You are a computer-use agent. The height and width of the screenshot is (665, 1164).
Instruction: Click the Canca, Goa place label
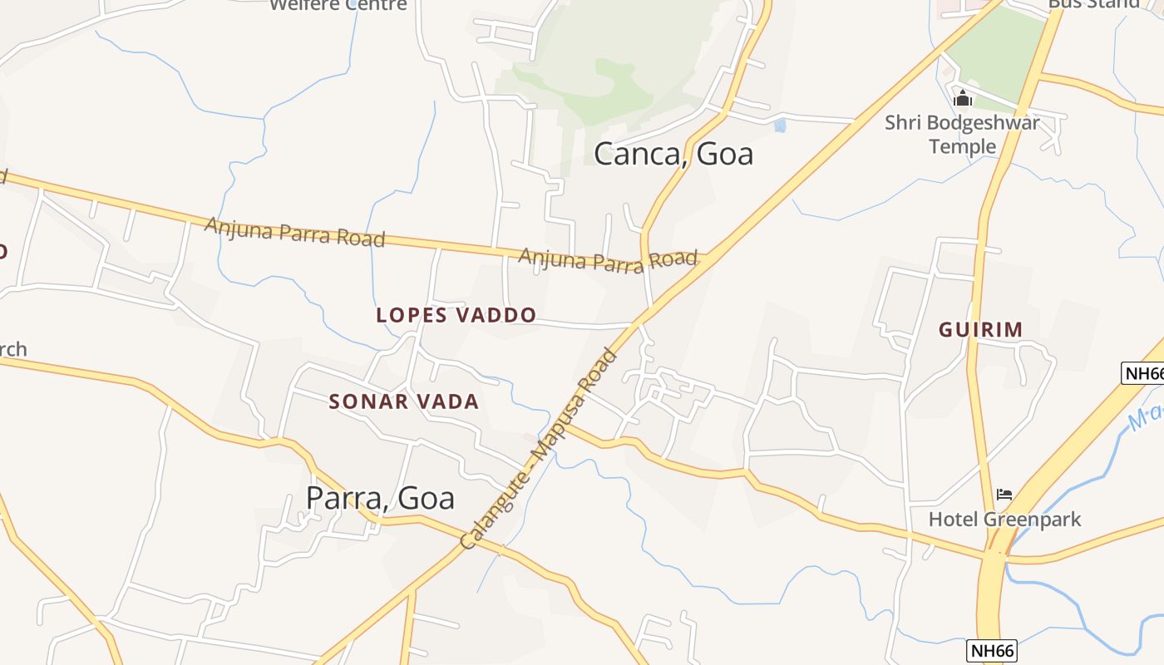673,154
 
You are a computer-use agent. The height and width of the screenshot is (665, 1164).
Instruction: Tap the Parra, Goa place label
380,498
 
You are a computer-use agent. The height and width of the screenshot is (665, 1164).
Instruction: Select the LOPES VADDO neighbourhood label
456,316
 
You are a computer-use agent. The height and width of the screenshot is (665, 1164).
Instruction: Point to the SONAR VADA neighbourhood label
404,401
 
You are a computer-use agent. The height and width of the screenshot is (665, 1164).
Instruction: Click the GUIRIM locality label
980,330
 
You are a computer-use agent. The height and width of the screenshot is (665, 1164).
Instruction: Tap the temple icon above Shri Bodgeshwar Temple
963,99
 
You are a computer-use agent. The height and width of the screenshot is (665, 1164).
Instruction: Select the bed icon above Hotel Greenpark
1004,495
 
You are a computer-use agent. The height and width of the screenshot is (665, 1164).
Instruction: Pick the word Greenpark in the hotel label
1032,520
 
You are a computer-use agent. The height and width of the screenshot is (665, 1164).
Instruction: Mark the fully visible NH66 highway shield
993,650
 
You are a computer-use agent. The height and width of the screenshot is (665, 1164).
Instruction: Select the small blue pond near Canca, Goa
779,126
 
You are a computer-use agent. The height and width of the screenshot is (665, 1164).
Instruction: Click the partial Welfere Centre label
339,5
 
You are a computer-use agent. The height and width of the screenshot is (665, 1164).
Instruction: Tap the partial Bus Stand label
1092,3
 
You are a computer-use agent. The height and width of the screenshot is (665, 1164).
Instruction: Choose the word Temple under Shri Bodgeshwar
962,147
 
